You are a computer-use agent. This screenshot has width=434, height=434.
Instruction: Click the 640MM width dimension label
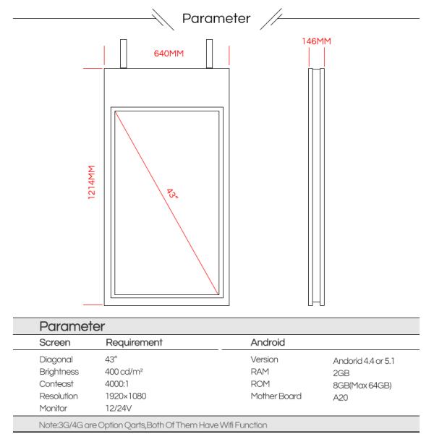[x=168, y=54]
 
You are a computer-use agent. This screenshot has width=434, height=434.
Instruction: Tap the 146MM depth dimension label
[x=315, y=42]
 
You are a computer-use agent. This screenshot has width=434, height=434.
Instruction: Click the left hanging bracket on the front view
[x=124, y=52]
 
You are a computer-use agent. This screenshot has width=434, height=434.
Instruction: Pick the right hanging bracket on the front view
[x=212, y=52]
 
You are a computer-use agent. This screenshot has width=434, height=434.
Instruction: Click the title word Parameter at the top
[x=217, y=17]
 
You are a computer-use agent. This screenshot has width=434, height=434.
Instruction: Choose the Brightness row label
[x=59, y=372]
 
